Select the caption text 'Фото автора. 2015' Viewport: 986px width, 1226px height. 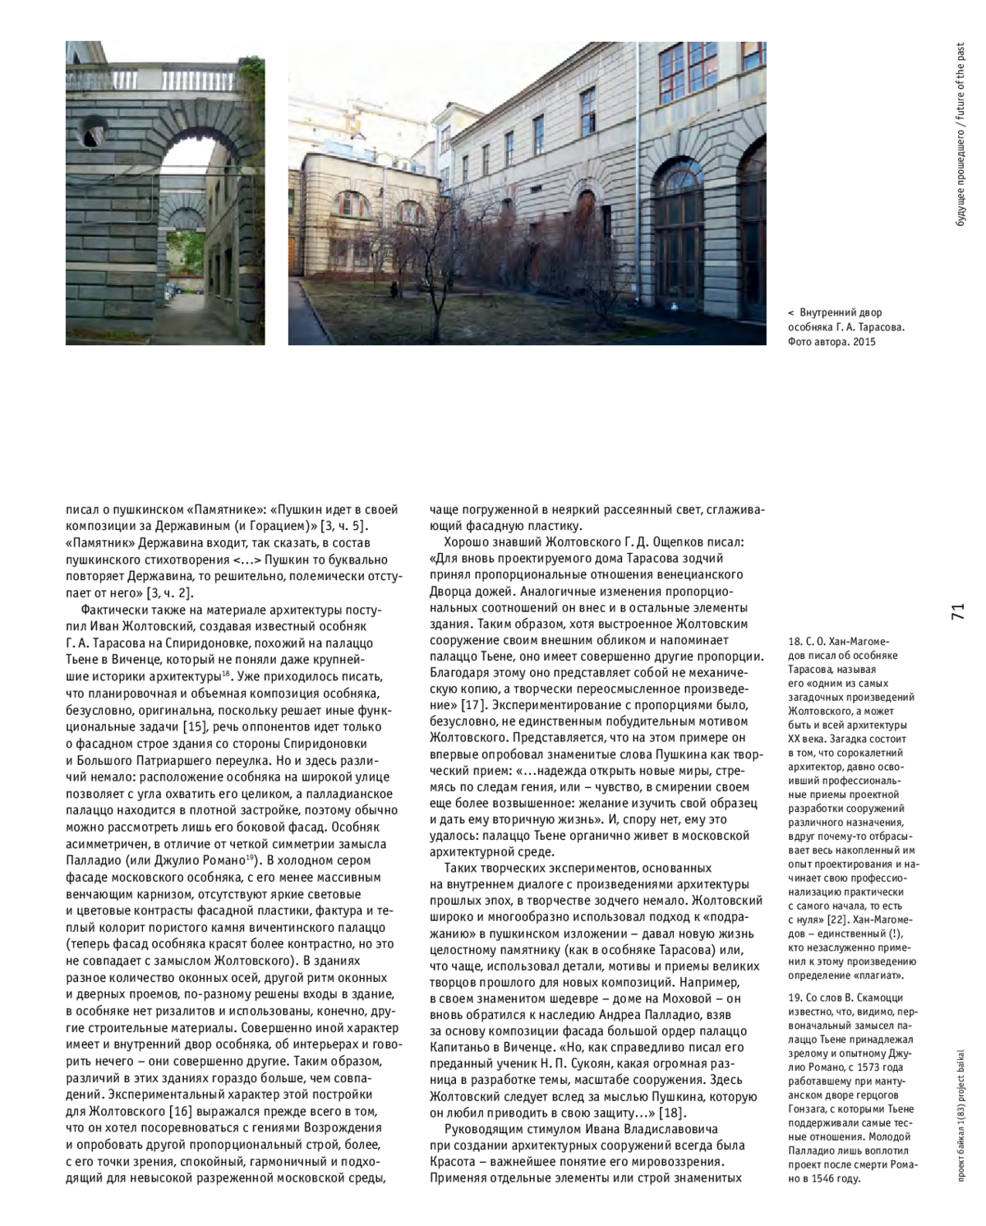coord(831,342)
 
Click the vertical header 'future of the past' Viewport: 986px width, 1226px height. coord(961,82)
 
